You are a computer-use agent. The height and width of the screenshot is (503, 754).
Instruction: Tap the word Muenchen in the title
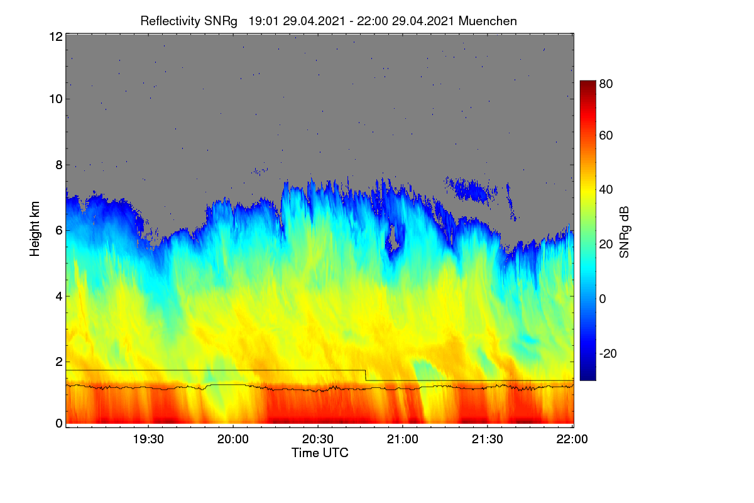click(488, 21)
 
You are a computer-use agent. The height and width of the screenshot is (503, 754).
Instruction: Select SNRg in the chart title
click(221, 21)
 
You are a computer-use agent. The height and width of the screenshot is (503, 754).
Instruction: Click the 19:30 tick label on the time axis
click(148, 439)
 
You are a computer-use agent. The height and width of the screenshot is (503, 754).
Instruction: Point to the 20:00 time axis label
click(233, 439)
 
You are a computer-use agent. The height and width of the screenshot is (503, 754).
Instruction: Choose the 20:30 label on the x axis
click(318, 439)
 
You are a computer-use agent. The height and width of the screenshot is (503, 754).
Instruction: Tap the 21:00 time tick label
click(403, 439)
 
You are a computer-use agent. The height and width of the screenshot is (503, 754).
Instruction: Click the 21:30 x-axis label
click(488, 439)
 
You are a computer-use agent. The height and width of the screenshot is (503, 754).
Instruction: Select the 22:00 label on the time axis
click(572, 439)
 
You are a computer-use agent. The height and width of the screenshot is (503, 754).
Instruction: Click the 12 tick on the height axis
click(56, 36)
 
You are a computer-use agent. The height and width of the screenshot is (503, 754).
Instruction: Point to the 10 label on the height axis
click(56, 99)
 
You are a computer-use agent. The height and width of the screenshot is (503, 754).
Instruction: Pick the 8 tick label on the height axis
click(59, 165)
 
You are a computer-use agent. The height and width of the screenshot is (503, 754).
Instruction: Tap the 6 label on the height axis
click(59, 231)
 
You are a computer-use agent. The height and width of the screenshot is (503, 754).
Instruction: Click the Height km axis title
click(35, 229)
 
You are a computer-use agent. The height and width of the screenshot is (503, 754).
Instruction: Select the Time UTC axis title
click(320, 453)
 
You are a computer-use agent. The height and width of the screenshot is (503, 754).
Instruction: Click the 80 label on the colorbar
click(606, 84)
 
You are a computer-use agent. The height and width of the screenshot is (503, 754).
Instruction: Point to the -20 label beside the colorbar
click(608, 353)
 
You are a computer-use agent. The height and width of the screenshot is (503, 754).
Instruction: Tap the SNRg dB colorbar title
click(625, 232)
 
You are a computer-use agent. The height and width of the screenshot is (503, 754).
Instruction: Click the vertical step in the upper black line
click(366, 375)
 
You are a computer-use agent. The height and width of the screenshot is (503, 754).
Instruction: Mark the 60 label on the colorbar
click(606, 135)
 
